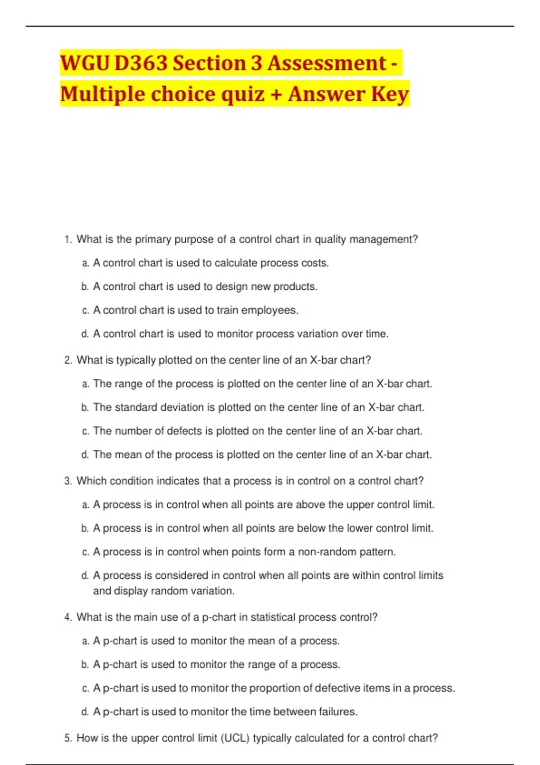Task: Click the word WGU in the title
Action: pyautogui.click(x=84, y=63)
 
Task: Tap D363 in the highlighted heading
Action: pyautogui.click(x=141, y=63)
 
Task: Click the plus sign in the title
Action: pyautogui.click(x=276, y=94)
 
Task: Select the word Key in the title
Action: pyautogui.click(x=390, y=94)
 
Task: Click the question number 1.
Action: pyautogui.click(x=68, y=239)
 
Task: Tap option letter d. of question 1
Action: pyautogui.click(x=85, y=334)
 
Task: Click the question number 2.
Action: pyautogui.click(x=68, y=360)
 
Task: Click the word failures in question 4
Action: pyautogui.click(x=338, y=712)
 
